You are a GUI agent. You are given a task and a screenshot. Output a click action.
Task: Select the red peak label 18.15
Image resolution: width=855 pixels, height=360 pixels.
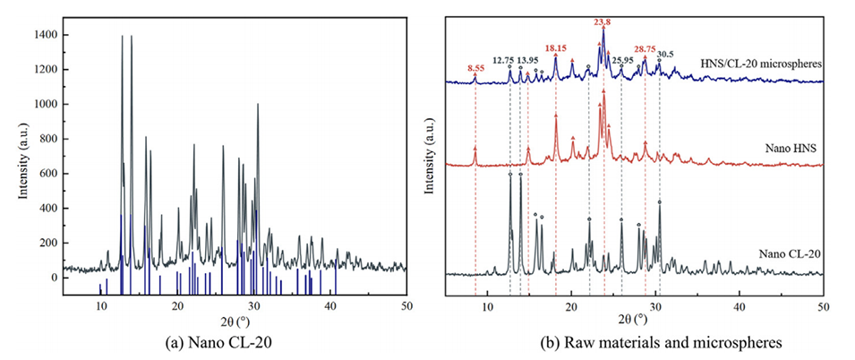click(x=555, y=47)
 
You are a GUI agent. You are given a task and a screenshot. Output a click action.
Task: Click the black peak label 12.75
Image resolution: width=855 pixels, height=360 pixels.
click(x=505, y=59)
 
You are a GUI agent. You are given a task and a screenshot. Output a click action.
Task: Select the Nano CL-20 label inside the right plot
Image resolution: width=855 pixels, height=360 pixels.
click(x=785, y=255)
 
